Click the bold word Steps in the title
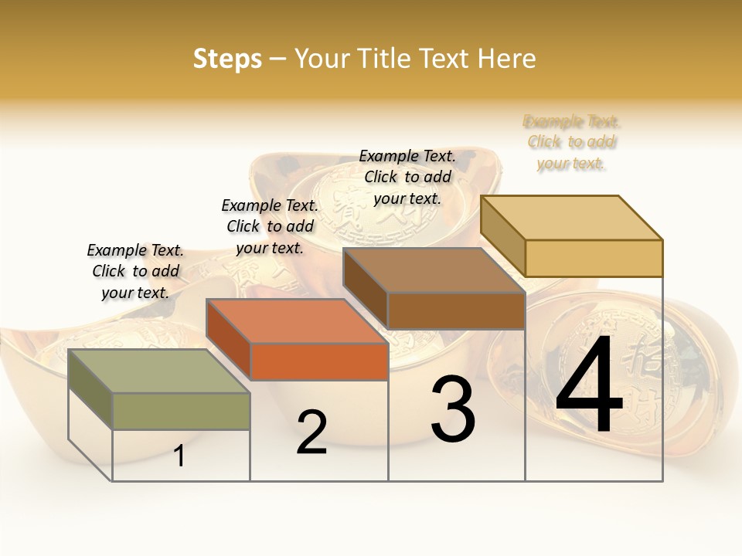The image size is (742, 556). point(227,59)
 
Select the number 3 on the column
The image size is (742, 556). point(453,409)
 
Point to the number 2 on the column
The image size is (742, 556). point(311,433)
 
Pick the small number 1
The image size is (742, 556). point(179,456)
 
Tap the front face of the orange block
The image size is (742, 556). point(319,361)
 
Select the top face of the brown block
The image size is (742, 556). point(434,270)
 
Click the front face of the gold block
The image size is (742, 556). point(594,258)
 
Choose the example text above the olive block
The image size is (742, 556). point(135,271)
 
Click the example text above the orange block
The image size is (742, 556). point(270,226)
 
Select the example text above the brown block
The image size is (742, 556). point(407,177)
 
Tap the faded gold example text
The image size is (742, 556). point(572,142)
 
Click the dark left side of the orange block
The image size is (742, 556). point(229,340)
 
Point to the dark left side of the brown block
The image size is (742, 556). point(366,288)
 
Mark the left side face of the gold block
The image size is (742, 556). point(502,236)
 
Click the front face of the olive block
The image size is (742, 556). point(182,411)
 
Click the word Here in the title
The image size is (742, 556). point(507,59)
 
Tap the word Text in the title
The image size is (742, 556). point(445,59)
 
